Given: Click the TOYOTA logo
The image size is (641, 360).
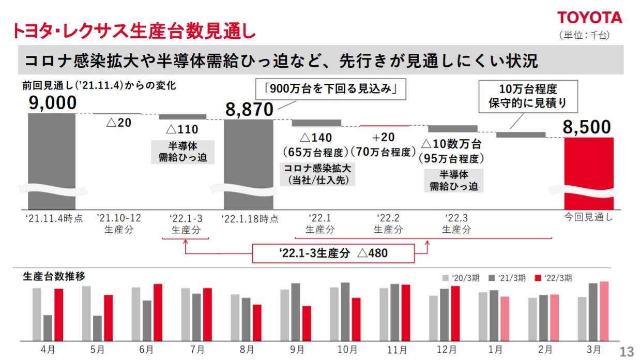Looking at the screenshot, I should [x=589, y=18].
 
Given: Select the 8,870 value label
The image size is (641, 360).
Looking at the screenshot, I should [x=249, y=110].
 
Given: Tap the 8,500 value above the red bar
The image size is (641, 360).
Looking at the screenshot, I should [x=587, y=127].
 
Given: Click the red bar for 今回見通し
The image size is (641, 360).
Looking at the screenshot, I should [x=589, y=171].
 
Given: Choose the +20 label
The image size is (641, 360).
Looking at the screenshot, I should [x=383, y=138].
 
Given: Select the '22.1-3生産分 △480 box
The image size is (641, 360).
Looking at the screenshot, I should [x=333, y=253].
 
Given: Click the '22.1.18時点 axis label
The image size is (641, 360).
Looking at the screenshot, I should [x=250, y=218].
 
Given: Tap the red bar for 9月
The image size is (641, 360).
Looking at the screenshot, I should [x=307, y=323].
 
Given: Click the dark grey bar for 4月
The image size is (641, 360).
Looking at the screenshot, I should [x=48, y=327].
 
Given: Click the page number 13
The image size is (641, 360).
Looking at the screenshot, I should [x=627, y=352].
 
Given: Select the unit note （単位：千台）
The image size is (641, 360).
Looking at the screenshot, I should [x=584, y=35].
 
